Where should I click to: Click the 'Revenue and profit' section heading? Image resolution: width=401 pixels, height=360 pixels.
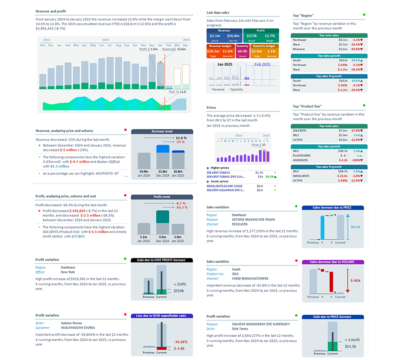tap(51, 11)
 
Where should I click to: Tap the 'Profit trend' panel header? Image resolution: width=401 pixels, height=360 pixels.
tap(162, 197)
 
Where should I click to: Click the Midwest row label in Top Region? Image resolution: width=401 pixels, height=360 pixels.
tap(298, 50)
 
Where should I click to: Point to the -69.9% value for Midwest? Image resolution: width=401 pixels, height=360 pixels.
tap(358, 50)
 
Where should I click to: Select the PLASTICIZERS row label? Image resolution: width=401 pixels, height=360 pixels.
tap(301, 155)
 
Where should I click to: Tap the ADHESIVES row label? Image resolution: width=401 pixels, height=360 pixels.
tap(300, 160)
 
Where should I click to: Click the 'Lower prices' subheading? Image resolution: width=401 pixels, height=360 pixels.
tap(220, 181)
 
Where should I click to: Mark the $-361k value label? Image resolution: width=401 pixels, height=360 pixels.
tap(356, 281)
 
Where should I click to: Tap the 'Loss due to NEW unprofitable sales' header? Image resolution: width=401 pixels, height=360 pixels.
tap(162, 316)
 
